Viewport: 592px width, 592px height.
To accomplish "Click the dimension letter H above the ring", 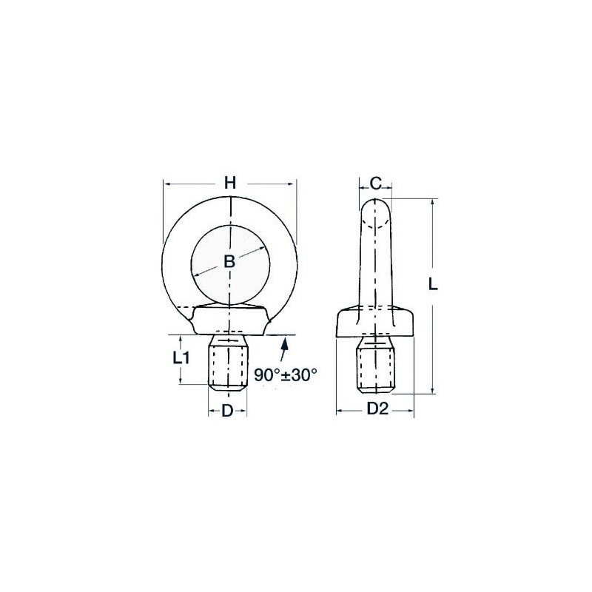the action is click(x=230, y=183).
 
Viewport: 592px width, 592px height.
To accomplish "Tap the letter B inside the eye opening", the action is click(x=229, y=261).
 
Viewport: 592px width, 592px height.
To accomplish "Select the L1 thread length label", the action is click(x=181, y=357).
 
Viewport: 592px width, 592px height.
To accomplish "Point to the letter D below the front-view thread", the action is click(x=227, y=411).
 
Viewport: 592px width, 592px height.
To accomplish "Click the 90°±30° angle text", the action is click(x=286, y=375).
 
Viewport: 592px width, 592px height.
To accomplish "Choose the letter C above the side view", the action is click(x=375, y=184).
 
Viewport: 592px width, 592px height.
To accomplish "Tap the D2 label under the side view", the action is click(x=378, y=408).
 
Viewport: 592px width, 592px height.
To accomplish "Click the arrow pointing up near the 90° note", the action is click(x=283, y=351).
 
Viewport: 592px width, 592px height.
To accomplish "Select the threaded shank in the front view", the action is click(x=228, y=362).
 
